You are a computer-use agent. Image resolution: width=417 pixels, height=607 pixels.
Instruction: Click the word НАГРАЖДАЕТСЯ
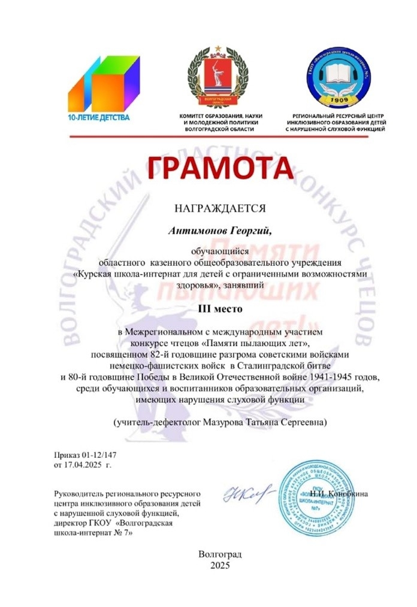pyautogui.click(x=219, y=208)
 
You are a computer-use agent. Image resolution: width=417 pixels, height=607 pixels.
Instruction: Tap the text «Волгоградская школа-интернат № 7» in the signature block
pyautogui.click(x=96, y=529)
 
